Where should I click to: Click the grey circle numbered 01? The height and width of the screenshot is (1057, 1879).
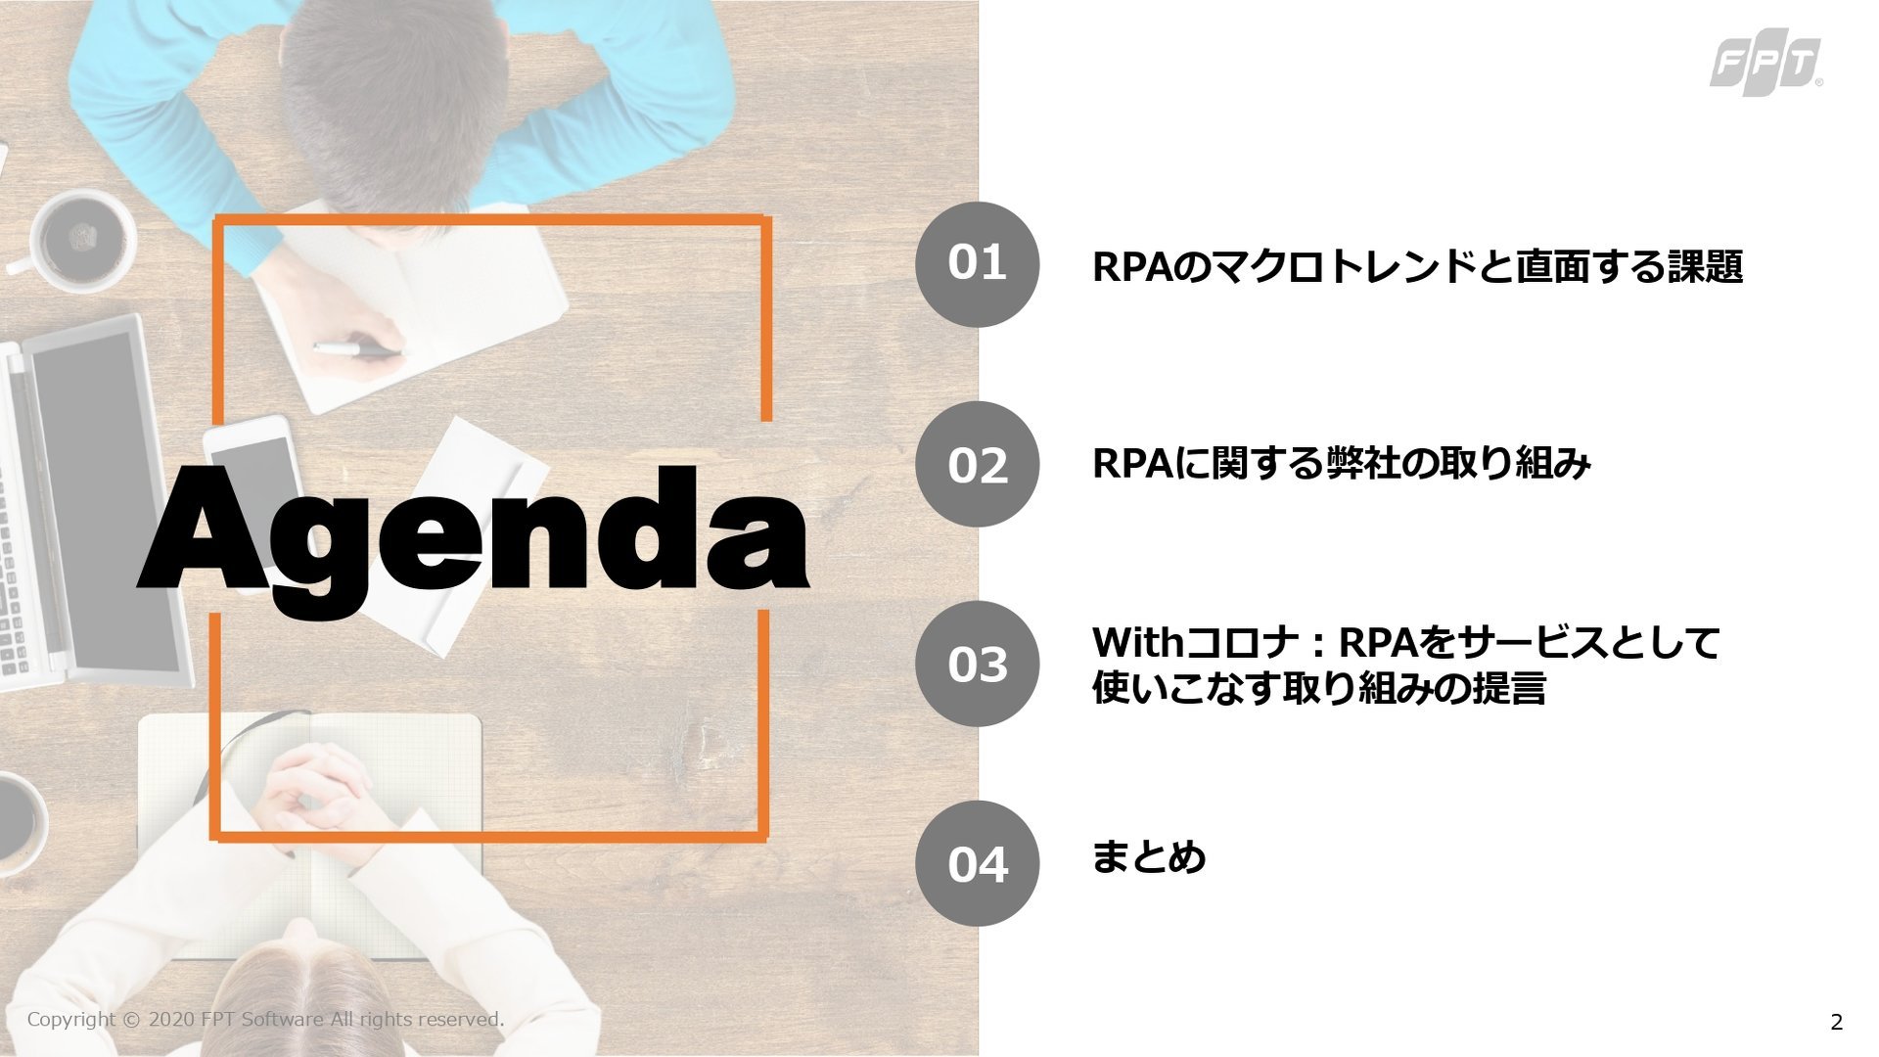click(977, 264)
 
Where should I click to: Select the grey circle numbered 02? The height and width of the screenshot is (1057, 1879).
click(977, 464)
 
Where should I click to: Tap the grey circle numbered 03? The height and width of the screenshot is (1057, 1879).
click(977, 664)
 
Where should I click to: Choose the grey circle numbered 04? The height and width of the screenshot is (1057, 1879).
click(977, 863)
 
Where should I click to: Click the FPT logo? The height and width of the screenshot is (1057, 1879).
click(1765, 67)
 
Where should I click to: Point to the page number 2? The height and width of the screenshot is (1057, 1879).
click(1836, 1022)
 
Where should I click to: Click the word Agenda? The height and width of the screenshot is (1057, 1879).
click(474, 536)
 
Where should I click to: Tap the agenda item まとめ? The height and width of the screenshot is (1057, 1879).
click(1149, 857)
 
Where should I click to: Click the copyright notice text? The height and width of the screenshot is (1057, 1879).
click(265, 1019)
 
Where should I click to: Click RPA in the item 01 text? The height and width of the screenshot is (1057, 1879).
click(1131, 267)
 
